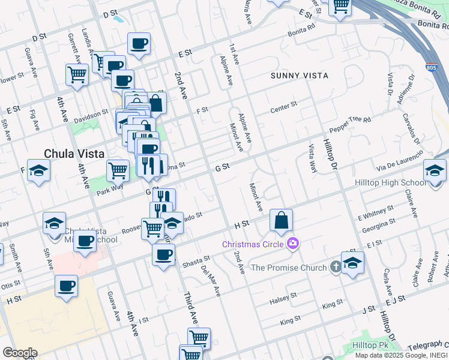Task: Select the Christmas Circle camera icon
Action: point(293,243)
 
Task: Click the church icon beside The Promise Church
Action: point(336,267)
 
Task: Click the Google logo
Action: point(19,353)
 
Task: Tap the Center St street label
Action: point(283,107)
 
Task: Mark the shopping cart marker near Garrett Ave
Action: point(77,74)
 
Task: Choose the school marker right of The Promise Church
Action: point(352,263)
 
